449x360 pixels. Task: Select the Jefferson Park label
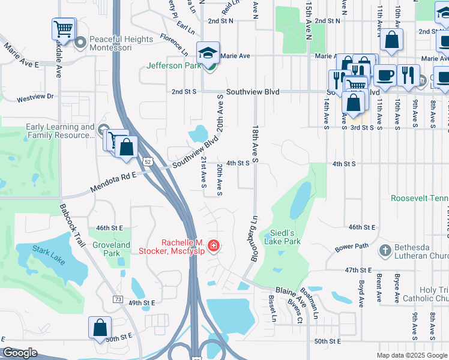point(173,65)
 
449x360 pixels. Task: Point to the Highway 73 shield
point(117,299)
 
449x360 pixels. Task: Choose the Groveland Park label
point(111,249)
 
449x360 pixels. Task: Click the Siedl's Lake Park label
point(285,237)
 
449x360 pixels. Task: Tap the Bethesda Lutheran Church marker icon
point(385,249)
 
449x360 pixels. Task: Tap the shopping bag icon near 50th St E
point(100,328)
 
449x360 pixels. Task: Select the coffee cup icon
point(385,75)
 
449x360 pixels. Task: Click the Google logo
point(20,353)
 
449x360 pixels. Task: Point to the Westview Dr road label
point(35,97)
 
